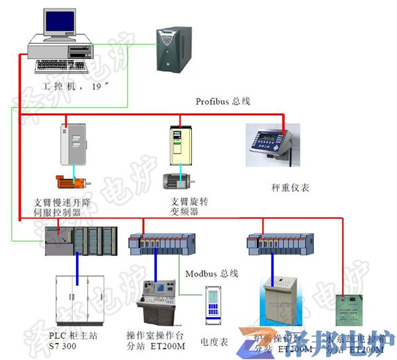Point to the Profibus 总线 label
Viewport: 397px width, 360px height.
point(223,101)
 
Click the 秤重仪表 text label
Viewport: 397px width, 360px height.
point(290,188)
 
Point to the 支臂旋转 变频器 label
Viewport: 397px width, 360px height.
point(185,206)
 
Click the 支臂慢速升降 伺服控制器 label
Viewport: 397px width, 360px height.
point(66,206)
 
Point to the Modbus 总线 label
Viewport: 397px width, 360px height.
point(211,273)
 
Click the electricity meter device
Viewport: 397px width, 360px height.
point(214,306)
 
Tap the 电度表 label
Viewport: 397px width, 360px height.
point(214,342)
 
